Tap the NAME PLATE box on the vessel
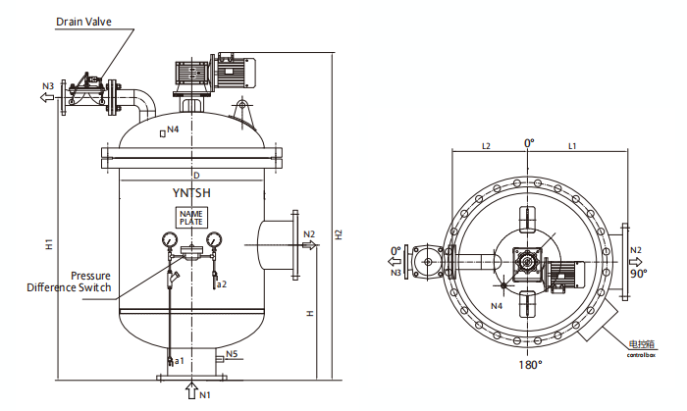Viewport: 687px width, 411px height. [190, 218]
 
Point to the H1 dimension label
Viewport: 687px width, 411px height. [48, 245]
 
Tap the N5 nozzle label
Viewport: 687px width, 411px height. [233, 353]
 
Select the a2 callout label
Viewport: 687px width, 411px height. [222, 284]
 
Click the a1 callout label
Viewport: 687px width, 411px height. [180, 362]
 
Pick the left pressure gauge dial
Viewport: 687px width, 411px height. [169, 238]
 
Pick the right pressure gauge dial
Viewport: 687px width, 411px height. [213, 238]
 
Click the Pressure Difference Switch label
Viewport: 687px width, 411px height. [69, 282]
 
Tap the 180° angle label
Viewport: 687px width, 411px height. [531, 365]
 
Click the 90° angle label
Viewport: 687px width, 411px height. [638, 274]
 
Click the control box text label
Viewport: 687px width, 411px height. [642, 347]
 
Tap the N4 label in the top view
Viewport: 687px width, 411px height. [497, 306]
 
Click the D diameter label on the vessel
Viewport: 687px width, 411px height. [195, 175]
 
